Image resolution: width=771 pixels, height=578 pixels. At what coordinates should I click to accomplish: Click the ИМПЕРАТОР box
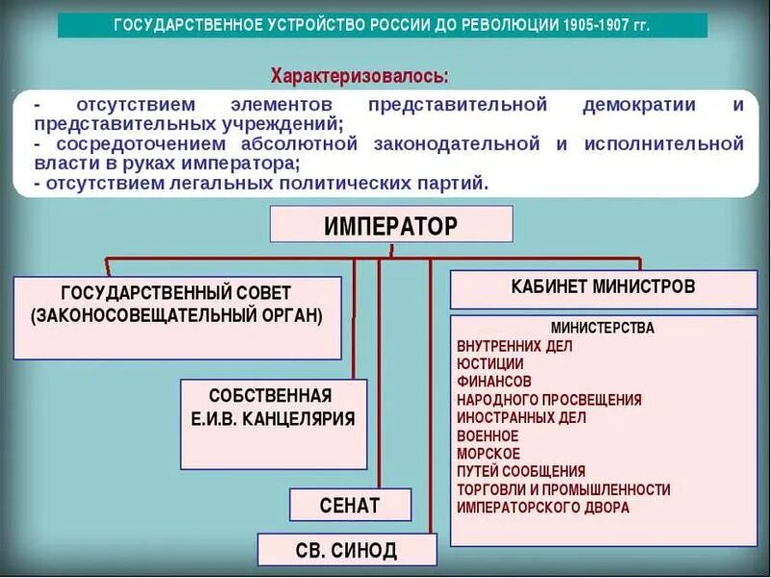pyautogui.click(x=390, y=225)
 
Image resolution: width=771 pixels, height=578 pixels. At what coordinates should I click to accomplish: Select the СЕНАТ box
pyautogui.click(x=350, y=505)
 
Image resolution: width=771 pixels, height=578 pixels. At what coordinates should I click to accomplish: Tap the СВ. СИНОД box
pyautogui.click(x=346, y=550)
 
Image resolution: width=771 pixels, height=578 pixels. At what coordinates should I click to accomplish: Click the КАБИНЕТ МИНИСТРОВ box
pyautogui.click(x=603, y=287)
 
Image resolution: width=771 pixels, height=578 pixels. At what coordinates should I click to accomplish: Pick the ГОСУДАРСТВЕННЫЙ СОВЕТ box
pyautogui.click(x=176, y=303)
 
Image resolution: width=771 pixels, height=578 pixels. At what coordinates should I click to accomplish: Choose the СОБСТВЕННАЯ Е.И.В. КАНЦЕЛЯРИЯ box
pyautogui.click(x=273, y=407)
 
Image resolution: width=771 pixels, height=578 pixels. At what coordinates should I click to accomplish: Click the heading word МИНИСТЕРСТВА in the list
pyautogui.click(x=602, y=328)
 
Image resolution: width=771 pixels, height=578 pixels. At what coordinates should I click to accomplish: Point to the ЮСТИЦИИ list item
pyautogui.click(x=491, y=364)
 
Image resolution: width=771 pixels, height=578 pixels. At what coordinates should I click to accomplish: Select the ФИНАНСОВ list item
pyautogui.click(x=493, y=382)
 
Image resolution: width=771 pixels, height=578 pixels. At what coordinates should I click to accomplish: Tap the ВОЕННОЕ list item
pyautogui.click(x=488, y=436)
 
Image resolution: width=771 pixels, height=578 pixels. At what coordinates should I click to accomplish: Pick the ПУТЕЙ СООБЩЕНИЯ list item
pyautogui.click(x=521, y=472)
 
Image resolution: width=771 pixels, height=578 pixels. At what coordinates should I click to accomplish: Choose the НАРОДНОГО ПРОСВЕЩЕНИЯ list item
pyautogui.click(x=549, y=400)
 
